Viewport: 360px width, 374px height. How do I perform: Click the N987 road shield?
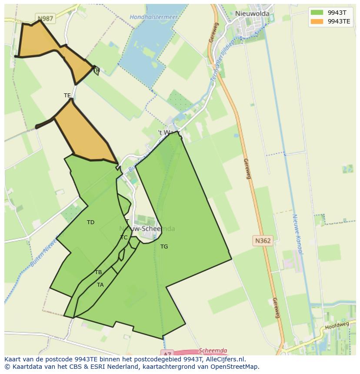[x=45, y=19]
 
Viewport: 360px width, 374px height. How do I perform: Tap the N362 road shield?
[x=263, y=240]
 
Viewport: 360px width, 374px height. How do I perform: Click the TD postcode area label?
[x=90, y=222]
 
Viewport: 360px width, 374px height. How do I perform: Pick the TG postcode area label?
[x=164, y=247]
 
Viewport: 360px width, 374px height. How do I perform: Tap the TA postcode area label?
[x=100, y=285]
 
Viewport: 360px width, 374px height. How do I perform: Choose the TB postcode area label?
[x=98, y=272]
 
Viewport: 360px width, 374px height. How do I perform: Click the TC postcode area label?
[x=124, y=238]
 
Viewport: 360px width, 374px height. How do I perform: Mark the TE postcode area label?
[x=67, y=96]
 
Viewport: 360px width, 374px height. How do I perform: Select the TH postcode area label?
[x=97, y=70]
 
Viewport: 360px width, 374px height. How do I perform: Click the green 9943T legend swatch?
[x=317, y=13]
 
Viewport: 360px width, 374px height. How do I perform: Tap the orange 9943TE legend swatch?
[x=317, y=21]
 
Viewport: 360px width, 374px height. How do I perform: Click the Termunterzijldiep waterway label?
[x=222, y=61]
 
